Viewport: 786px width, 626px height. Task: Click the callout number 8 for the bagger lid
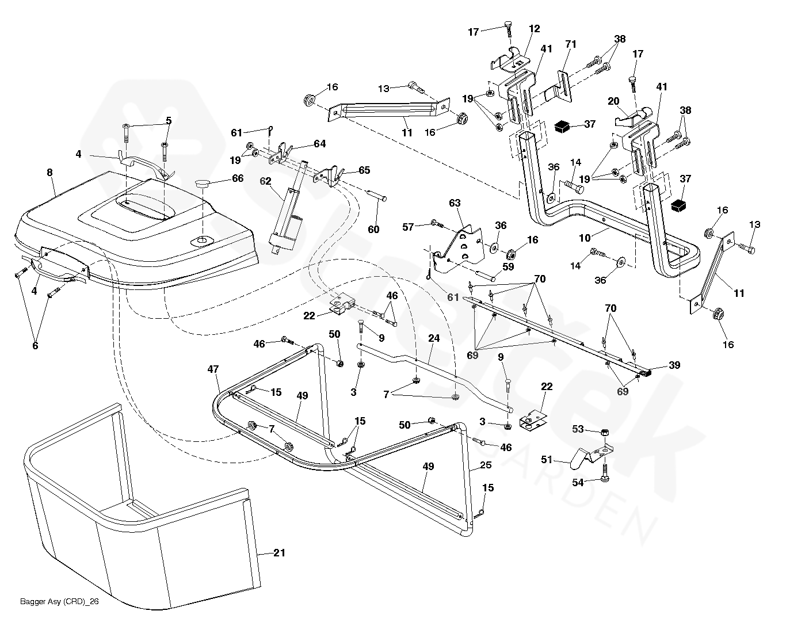(49, 172)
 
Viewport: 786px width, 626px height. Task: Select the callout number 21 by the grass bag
(279, 553)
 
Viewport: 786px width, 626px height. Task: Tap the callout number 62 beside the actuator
(265, 181)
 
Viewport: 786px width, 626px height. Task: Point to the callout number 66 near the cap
(238, 179)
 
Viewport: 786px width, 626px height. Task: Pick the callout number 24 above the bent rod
(434, 338)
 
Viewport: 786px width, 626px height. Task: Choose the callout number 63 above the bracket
(455, 203)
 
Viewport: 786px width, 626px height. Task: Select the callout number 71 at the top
(571, 44)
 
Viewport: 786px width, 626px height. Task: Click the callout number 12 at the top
(535, 28)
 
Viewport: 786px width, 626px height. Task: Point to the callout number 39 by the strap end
(674, 365)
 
